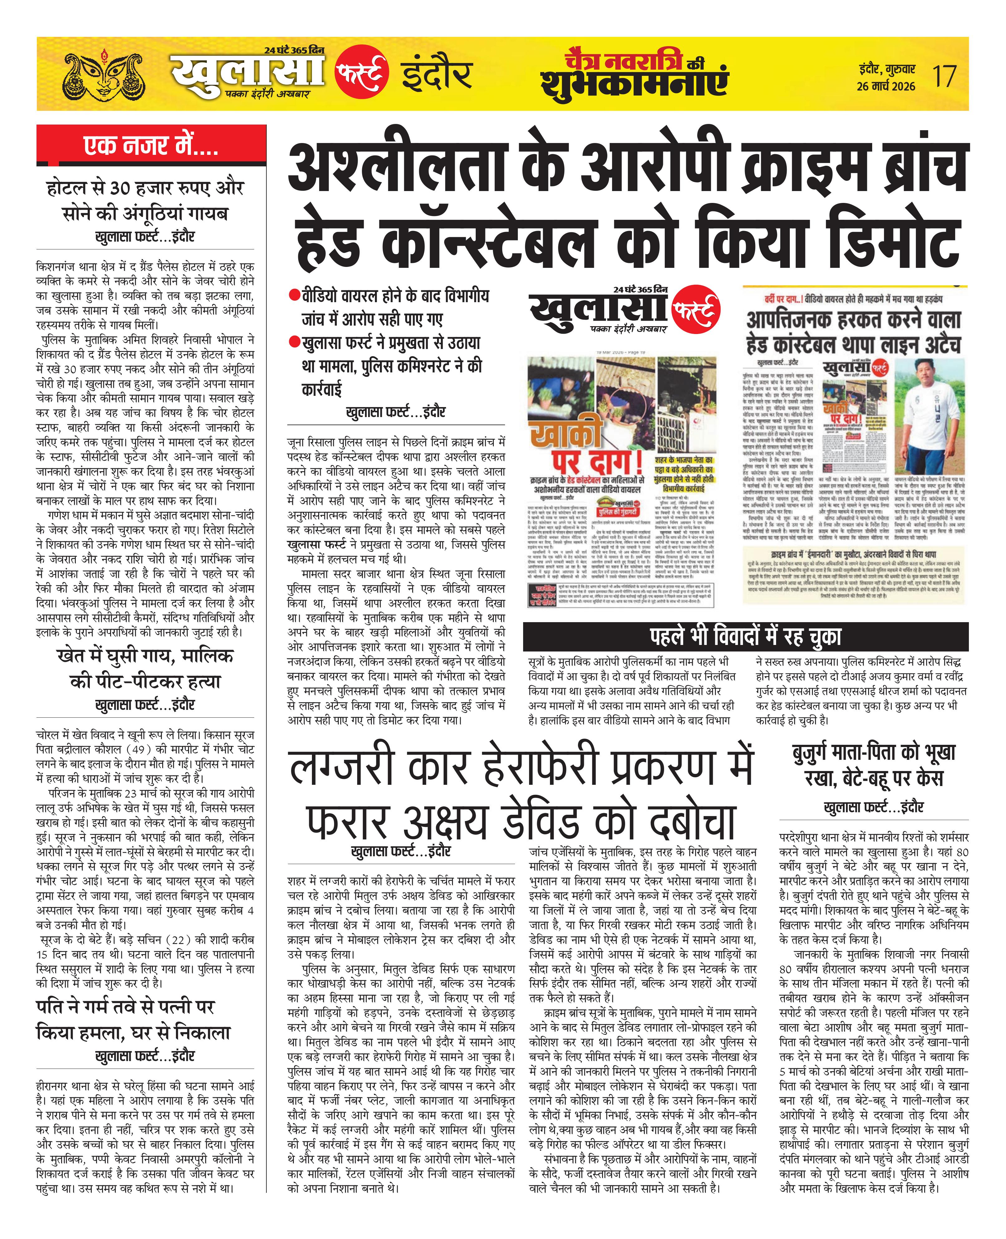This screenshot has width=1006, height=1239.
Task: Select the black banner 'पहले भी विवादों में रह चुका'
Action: (745, 637)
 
